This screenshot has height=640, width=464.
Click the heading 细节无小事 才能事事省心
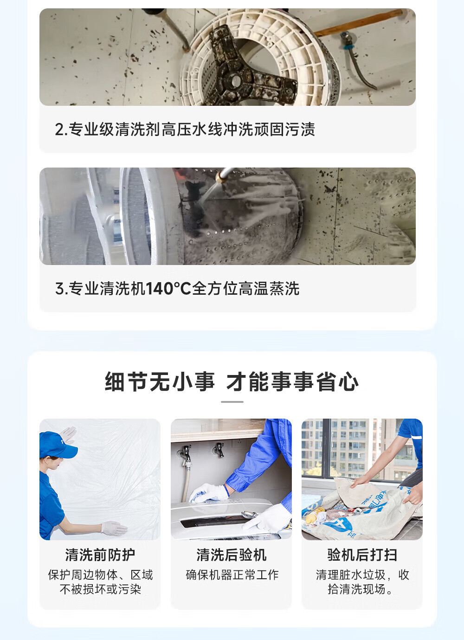[x=232, y=381]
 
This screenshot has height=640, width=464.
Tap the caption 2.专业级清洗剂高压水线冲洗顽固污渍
[x=185, y=129]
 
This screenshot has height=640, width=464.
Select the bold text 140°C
[x=168, y=288]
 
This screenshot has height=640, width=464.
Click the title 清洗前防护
[x=100, y=555]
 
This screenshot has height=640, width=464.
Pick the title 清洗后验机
[x=232, y=555]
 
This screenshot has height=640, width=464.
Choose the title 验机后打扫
[x=362, y=555]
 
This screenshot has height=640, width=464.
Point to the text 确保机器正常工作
[x=232, y=575]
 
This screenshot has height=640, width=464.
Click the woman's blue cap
[x=57, y=445]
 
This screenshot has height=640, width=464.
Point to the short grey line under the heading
[x=232, y=402]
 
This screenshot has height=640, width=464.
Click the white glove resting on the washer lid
[x=209, y=493]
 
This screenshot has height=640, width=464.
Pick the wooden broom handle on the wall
[x=359, y=22]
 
